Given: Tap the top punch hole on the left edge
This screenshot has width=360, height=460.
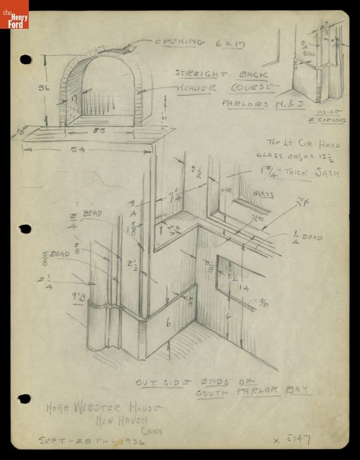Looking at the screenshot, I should [x=25, y=59].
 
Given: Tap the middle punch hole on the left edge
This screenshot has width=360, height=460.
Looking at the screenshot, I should [x=24, y=229].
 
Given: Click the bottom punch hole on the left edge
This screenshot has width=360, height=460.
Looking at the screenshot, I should [x=24, y=398].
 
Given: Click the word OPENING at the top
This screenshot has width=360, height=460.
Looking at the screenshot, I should [x=179, y=41].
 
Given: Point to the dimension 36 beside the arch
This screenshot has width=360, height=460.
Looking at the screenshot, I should [x=43, y=88].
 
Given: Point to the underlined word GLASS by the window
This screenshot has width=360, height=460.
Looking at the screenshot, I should [x=263, y=194].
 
